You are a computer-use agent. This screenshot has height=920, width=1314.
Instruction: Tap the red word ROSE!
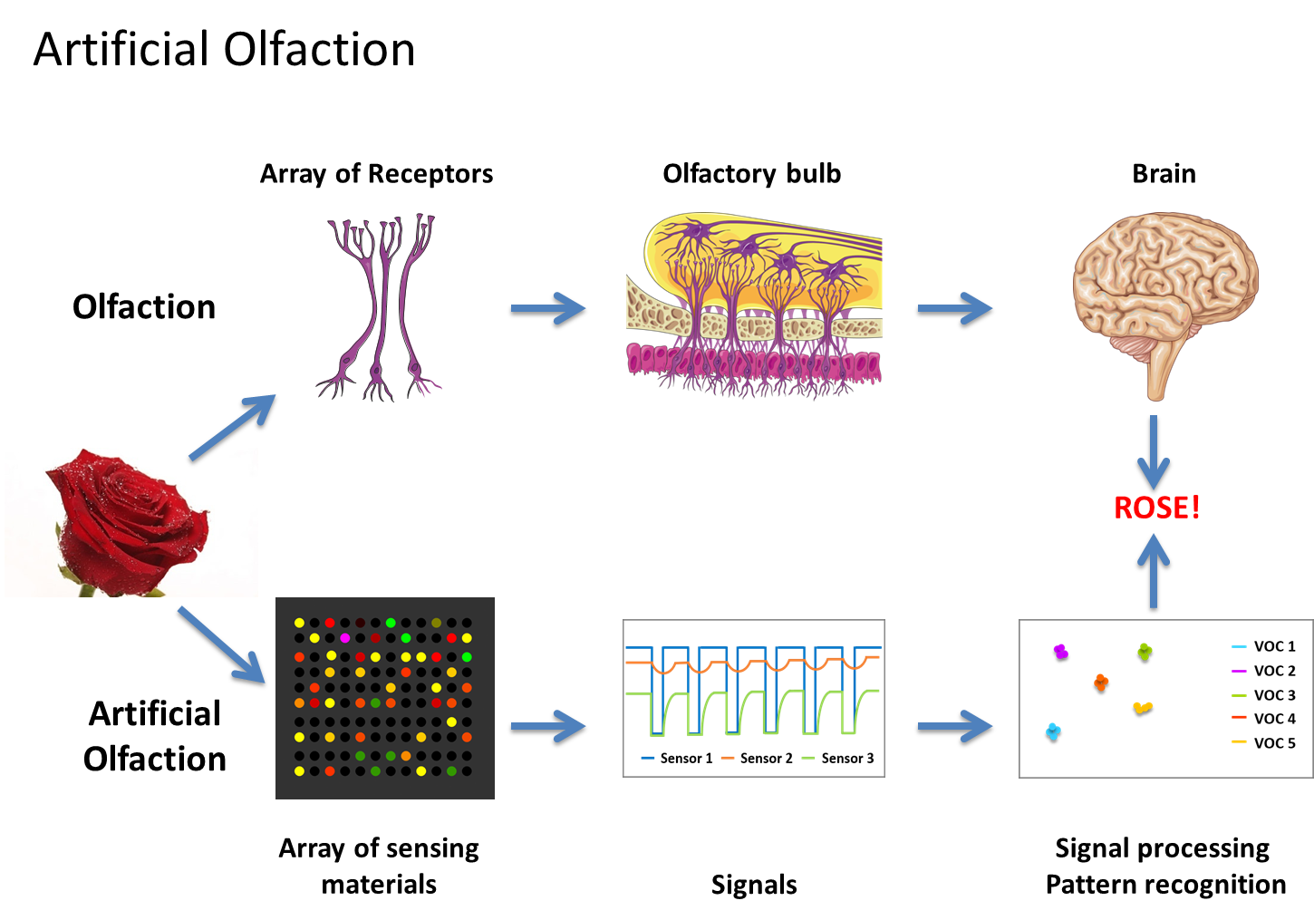[x=1156, y=508]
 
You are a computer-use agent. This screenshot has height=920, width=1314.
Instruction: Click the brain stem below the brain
[x=1155, y=372]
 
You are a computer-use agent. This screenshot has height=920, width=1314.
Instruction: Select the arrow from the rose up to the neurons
[x=232, y=427]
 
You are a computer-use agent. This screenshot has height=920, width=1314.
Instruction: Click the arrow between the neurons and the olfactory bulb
[x=548, y=308]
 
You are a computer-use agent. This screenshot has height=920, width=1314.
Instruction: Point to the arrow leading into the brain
[x=955, y=308]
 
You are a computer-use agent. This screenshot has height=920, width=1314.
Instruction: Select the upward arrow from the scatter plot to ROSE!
[x=1154, y=571]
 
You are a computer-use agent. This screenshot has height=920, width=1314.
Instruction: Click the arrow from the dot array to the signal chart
[x=548, y=726]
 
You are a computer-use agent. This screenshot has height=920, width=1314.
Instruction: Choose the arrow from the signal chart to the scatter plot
[x=955, y=726]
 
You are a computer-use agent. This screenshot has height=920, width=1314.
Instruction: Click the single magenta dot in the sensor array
[x=344, y=638]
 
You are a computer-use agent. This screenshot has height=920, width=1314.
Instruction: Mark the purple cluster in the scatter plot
[x=1060, y=651]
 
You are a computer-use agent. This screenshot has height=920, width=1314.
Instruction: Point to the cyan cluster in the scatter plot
[x=1053, y=731]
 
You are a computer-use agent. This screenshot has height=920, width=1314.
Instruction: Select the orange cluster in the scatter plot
[x=1101, y=682]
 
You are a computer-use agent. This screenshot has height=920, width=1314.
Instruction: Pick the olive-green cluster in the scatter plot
[x=1145, y=651]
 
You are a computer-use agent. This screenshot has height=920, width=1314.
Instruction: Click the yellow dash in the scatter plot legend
[x=1239, y=741]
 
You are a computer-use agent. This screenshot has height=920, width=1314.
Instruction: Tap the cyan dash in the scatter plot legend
[x=1239, y=647]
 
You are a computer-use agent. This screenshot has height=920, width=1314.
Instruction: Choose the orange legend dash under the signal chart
[x=728, y=758]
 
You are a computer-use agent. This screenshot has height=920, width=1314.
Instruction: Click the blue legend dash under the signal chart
[x=648, y=758]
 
